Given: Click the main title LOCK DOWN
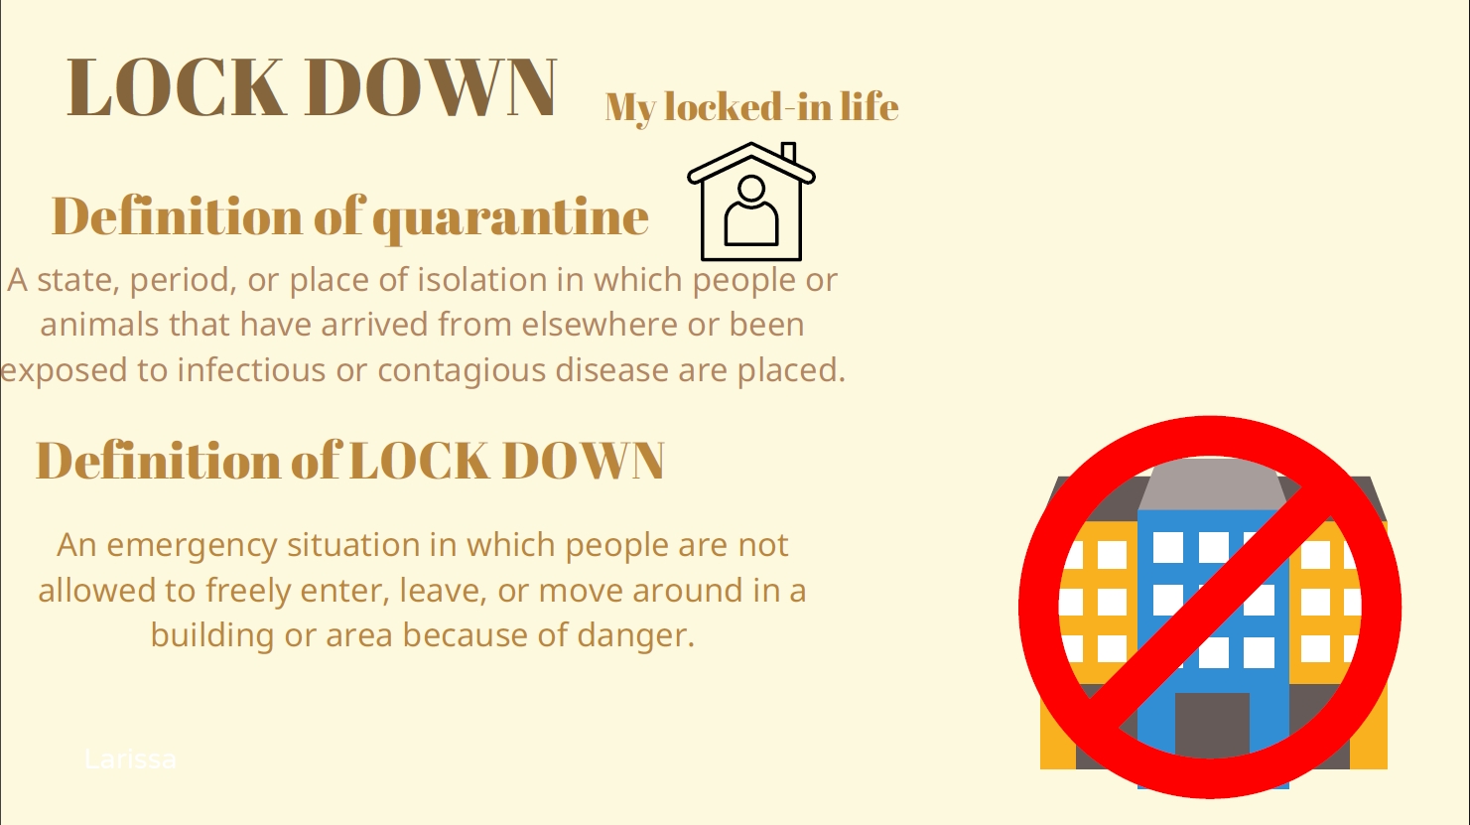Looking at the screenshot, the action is pyautogui.click(x=312, y=87).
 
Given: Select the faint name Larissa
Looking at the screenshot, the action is pyautogui.click(x=131, y=759).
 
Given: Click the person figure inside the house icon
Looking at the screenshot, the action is pyautogui.click(x=751, y=211).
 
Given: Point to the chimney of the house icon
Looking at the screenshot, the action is pyautogui.click(x=789, y=152).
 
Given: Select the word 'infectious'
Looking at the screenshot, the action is pyautogui.click(x=251, y=369).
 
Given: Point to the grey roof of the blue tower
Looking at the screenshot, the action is pyautogui.click(x=1212, y=483).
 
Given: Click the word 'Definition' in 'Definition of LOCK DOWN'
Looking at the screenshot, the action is pyautogui.click(x=159, y=460).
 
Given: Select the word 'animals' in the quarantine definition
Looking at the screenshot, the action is pyautogui.click(x=99, y=325).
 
